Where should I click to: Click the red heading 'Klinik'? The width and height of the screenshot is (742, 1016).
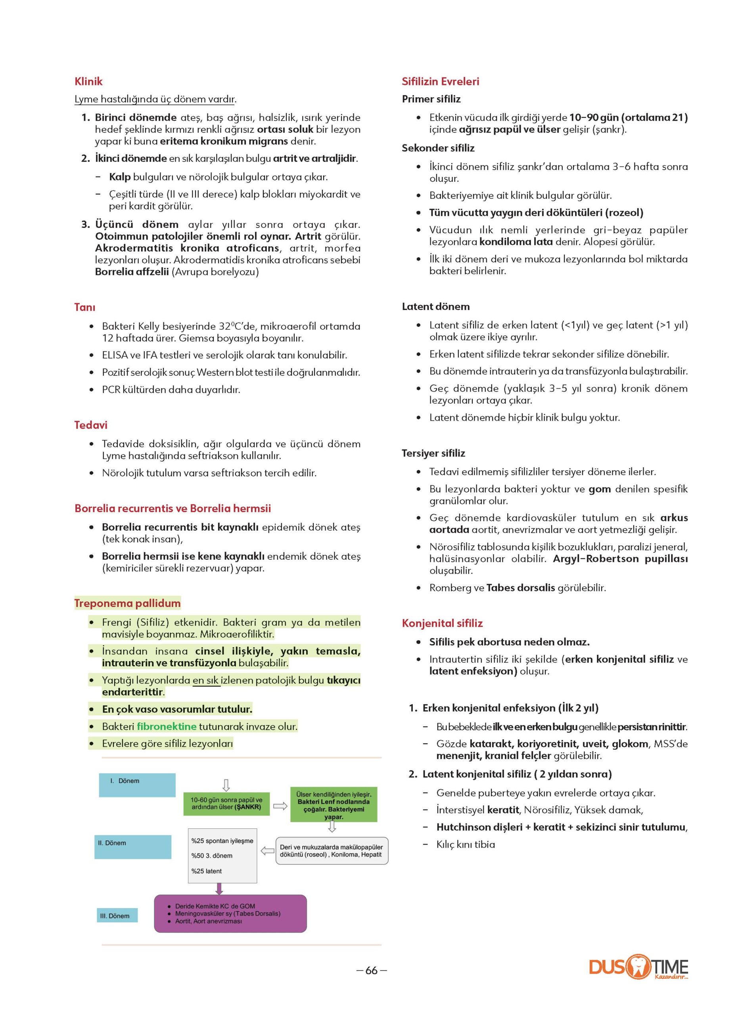point(88,81)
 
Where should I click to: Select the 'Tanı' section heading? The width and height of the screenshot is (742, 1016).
point(85,307)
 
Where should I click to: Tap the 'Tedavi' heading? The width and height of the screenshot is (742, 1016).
point(91,425)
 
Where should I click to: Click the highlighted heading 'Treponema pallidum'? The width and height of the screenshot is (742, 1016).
point(128,603)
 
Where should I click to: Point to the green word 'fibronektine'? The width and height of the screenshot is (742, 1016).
point(167,726)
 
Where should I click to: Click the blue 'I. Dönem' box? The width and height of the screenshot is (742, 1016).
point(137,785)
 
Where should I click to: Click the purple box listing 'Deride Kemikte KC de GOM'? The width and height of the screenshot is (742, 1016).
point(230,914)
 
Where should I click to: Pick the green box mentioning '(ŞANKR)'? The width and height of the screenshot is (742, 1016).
point(226,803)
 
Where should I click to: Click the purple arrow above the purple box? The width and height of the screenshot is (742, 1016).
point(219,888)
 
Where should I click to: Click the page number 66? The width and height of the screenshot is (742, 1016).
point(372,971)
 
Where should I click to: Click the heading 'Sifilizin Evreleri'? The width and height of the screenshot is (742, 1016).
point(440,81)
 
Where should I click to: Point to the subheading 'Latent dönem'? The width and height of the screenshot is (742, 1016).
point(436,306)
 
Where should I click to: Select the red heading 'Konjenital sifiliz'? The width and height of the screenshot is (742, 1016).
point(442,623)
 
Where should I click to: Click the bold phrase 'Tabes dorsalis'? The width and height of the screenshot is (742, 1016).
point(521,588)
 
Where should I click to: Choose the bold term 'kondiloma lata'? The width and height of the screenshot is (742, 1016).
point(516,242)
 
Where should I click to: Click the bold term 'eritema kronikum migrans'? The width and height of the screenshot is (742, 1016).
point(224,141)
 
